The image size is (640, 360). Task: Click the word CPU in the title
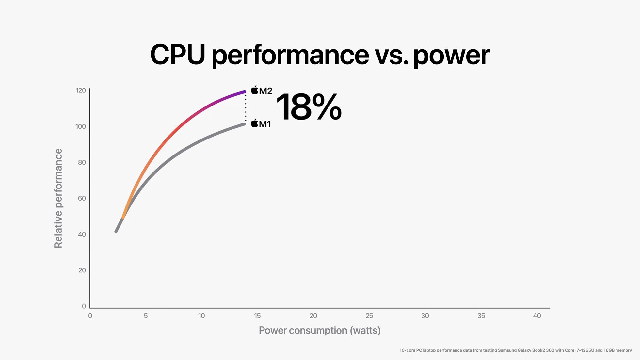(x=177, y=55)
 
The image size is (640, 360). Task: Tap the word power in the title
(x=451, y=56)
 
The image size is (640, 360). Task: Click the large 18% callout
(x=309, y=107)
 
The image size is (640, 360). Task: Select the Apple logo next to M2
(x=255, y=90)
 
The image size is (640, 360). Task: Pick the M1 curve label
(x=265, y=124)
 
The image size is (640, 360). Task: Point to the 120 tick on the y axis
(x=81, y=90)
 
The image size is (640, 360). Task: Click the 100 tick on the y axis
(x=81, y=126)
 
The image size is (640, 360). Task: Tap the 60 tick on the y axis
(x=82, y=198)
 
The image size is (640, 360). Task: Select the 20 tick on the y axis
(x=82, y=270)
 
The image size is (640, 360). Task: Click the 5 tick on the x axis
(x=146, y=316)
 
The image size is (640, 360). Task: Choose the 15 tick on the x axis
(x=257, y=316)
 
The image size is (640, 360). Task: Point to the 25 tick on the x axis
(x=369, y=316)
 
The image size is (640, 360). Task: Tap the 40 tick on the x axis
(x=537, y=316)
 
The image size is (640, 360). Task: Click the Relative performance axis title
(x=58, y=198)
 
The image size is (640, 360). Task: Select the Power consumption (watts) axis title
(x=320, y=330)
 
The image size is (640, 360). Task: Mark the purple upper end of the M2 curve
(x=244, y=92)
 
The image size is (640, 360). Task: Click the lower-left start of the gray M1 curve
(x=116, y=231)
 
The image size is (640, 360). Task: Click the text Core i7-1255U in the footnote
(x=579, y=350)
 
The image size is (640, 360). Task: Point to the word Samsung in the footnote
(x=507, y=350)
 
